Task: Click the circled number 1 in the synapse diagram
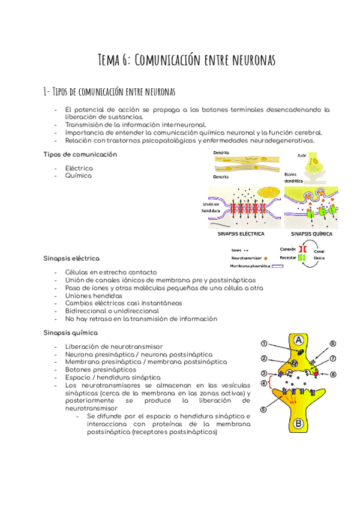coord(263,344)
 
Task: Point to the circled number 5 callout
coord(263,411)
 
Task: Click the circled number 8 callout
coord(334,375)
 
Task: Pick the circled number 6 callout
coord(333,344)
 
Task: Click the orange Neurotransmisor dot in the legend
coord(265,257)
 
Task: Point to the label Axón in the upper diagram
coord(302,155)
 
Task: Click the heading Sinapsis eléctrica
coord(71,258)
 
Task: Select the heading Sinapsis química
coord(70,332)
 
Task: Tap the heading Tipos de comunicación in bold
coord(80,154)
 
